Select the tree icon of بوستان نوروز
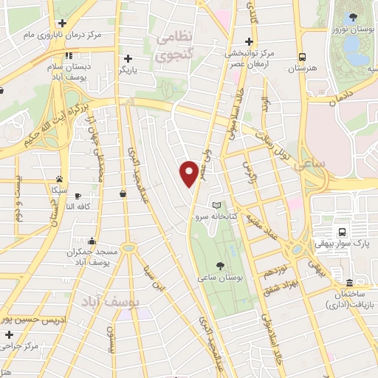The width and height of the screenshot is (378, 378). tap(352, 18)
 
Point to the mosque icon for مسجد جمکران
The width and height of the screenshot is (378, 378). tap(91, 241)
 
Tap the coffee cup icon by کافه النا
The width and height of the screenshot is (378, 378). tap(123, 193)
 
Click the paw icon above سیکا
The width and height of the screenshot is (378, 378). tap(58, 179)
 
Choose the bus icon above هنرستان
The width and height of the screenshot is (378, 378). tap(302, 57)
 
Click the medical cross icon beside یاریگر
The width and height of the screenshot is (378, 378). tap(128, 58)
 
